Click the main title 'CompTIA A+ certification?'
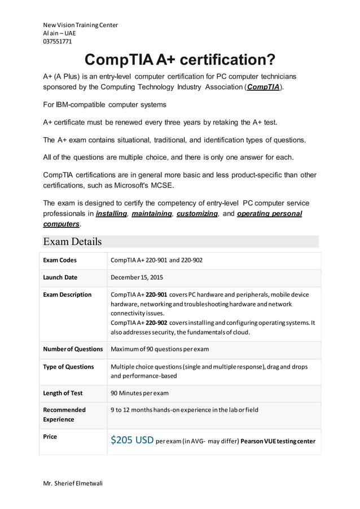[180, 59]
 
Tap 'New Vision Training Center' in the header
[81, 25]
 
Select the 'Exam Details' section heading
[73, 242]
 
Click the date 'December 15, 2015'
[137, 278]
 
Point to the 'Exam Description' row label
[67, 295]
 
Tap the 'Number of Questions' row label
[73, 349]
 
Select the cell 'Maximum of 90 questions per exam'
[160, 349]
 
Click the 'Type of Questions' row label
[68, 367]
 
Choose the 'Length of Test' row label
[63, 393]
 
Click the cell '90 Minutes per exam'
[139, 393]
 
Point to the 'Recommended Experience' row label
[64, 415]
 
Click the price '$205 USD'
[132, 440]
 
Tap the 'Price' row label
[50, 437]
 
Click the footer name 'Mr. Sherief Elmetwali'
[73, 484]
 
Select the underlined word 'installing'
[111, 214]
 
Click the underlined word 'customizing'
[197, 214]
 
